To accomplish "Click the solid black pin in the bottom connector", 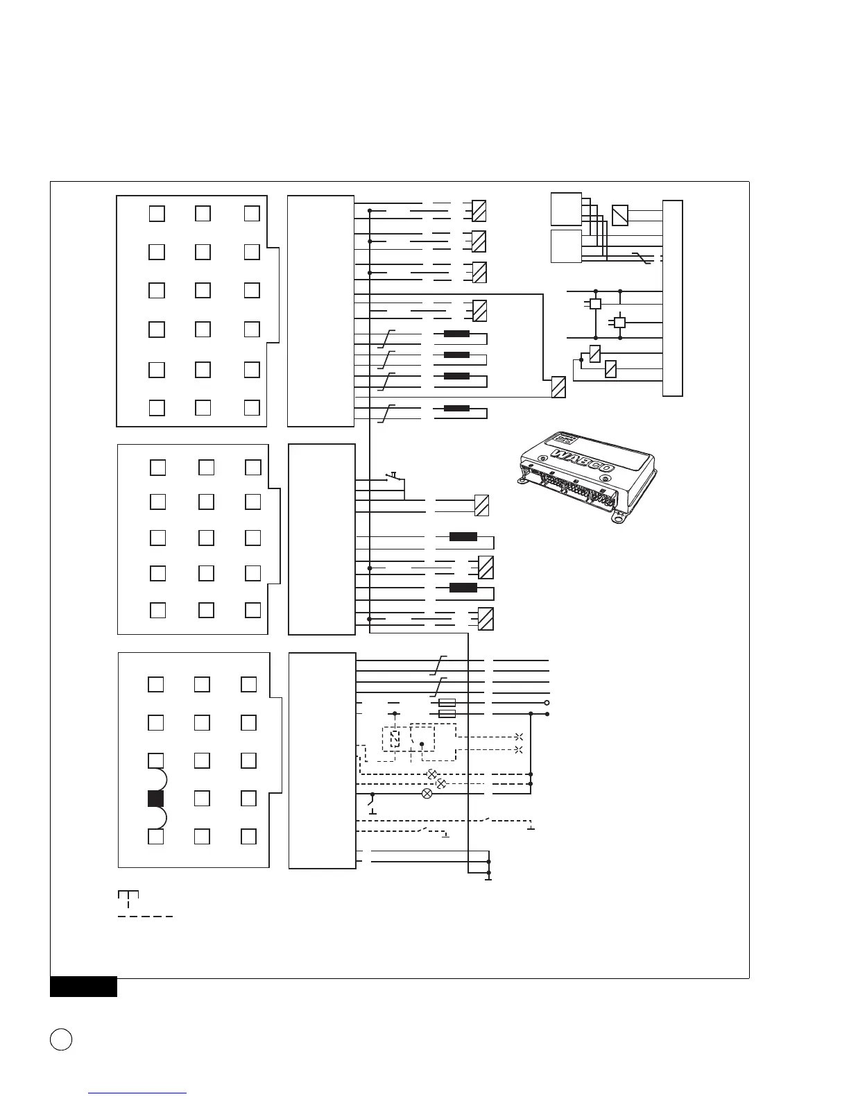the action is pos(155,799).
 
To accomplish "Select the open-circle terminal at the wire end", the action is pos(547,703).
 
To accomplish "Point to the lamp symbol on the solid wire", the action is pos(427,794).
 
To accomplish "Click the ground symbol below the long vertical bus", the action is pos(489,879).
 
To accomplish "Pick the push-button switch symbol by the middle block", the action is pos(393,476).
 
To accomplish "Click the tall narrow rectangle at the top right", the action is pos(672,298).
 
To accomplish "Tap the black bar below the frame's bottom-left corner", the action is pos(83,987).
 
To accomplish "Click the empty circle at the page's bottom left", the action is pos(61,1039).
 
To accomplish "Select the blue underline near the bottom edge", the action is pos(138,1093).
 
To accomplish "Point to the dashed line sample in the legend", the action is pos(145,917).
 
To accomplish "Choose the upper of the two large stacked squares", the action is pos(566,209).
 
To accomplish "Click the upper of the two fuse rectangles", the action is pos(447,703).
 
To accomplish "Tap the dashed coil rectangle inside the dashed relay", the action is pos(395,740).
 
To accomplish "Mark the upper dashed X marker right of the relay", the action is pos(519,737).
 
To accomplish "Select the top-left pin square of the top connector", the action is pos(157,214).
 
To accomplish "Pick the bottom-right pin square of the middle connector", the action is pos(252,610).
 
